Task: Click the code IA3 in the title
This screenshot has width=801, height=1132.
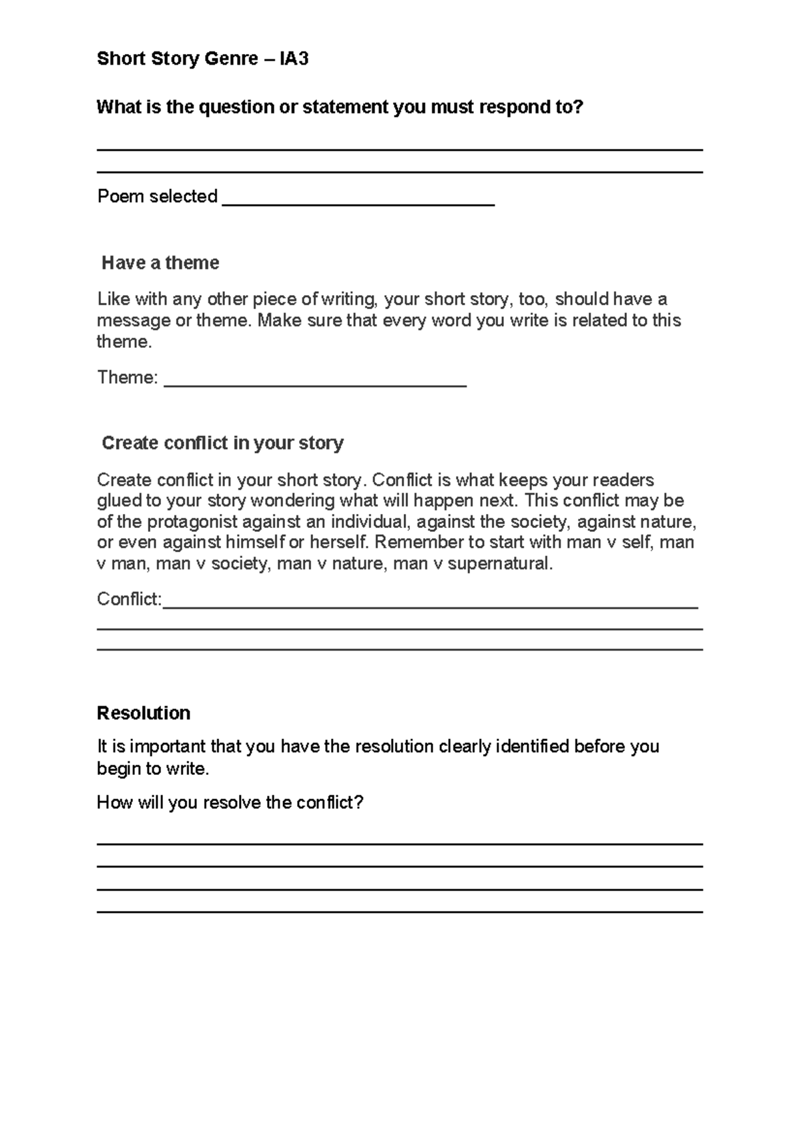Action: click(294, 59)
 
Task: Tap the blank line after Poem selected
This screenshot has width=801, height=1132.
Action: click(358, 203)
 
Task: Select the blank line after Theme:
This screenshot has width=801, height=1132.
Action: click(315, 384)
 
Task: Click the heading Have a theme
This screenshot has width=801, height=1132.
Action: click(160, 263)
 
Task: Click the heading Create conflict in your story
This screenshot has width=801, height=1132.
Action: click(222, 443)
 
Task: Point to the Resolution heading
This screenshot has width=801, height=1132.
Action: click(144, 713)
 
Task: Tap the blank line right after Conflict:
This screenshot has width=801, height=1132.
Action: click(430, 606)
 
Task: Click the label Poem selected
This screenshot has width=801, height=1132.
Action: click(158, 196)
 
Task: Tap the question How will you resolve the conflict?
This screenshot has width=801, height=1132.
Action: click(230, 802)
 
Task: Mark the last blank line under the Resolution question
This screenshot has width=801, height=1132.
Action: click(399, 912)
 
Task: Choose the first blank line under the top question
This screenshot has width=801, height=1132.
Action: click(399, 150)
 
